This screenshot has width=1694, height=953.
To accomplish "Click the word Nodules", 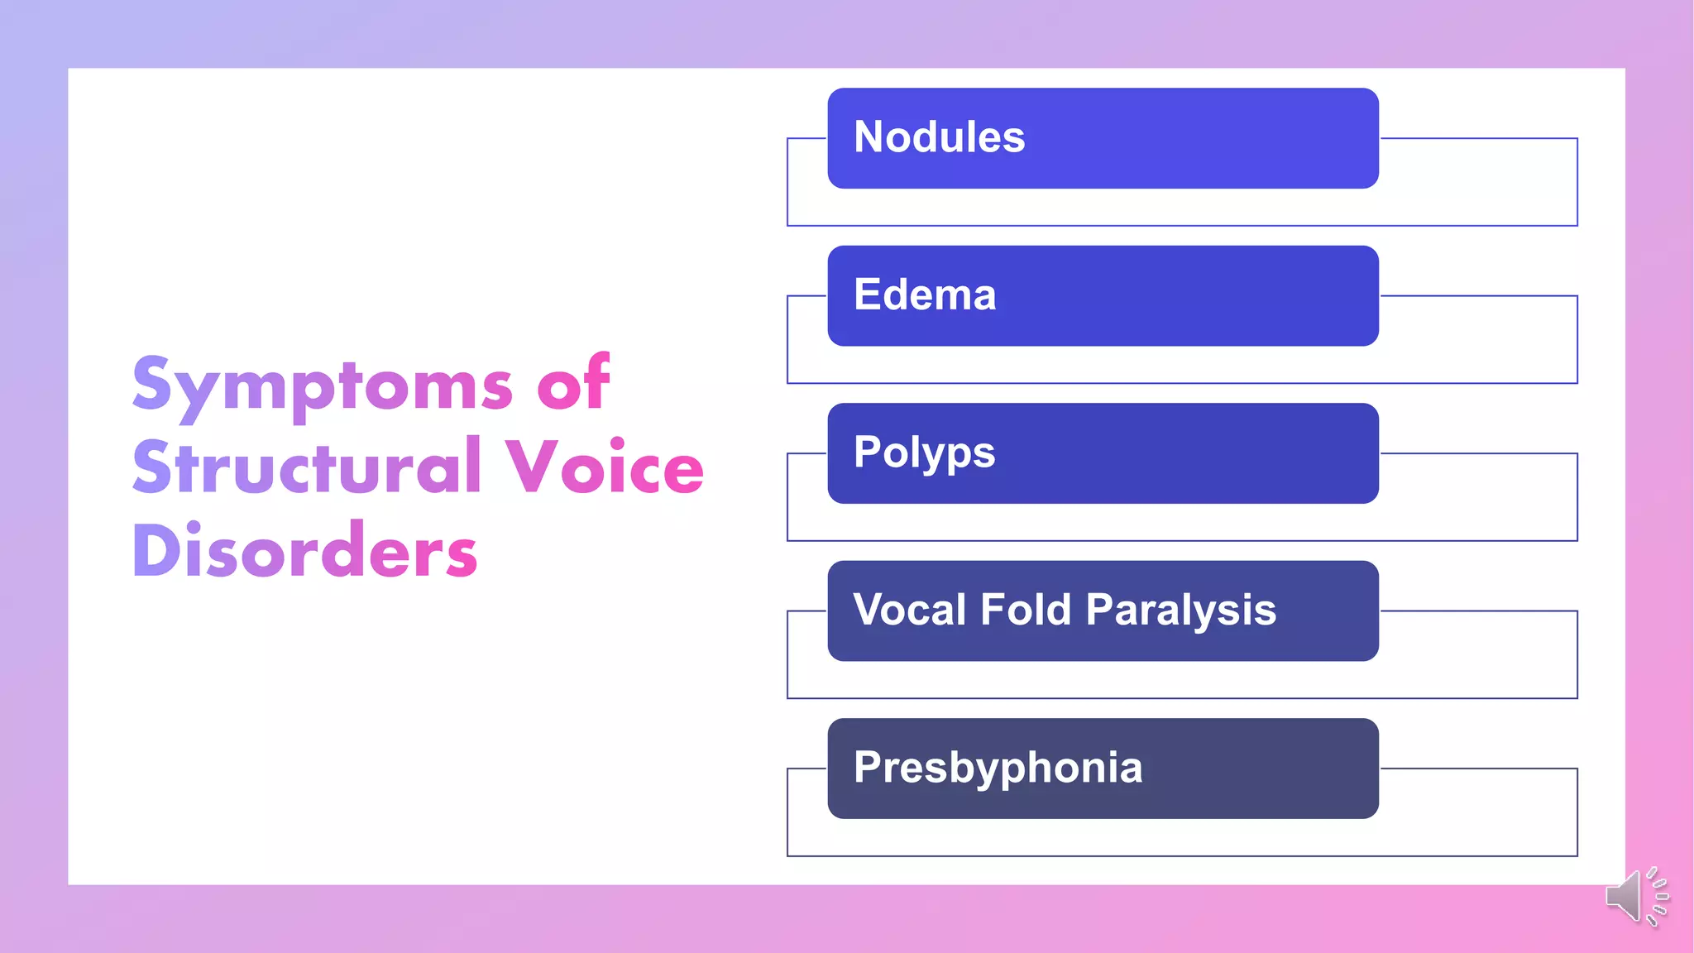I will point(939,137).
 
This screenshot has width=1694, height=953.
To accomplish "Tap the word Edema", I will point(925,295).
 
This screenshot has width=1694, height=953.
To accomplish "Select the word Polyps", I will point(924,453).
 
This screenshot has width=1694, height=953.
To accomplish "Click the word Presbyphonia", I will point(998,768).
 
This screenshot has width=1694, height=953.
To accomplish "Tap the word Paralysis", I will point(1180,611).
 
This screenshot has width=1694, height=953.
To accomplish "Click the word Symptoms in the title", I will point(323,386).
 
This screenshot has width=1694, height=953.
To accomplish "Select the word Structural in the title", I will point(307,467).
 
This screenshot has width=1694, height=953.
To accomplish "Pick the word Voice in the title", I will point(605,467).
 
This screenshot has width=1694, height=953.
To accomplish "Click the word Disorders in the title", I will point(304,551).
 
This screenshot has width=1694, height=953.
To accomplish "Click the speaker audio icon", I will point(1636,896).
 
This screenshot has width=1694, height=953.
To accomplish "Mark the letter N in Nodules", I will point(870,137).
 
